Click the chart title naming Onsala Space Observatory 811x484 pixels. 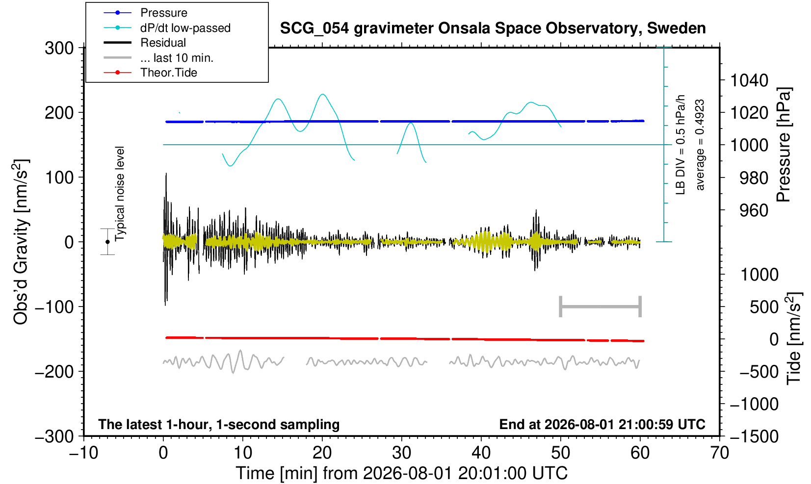493,28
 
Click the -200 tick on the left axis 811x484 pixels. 54,372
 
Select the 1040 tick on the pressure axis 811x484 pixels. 749,80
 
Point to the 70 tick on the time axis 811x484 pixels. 719,453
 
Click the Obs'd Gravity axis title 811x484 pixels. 21,242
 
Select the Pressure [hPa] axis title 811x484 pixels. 784,145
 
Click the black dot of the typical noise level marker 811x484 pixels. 107,242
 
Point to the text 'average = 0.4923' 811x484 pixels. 700,145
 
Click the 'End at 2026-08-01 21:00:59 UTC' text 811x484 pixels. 602,424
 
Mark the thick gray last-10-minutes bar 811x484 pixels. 601,306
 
